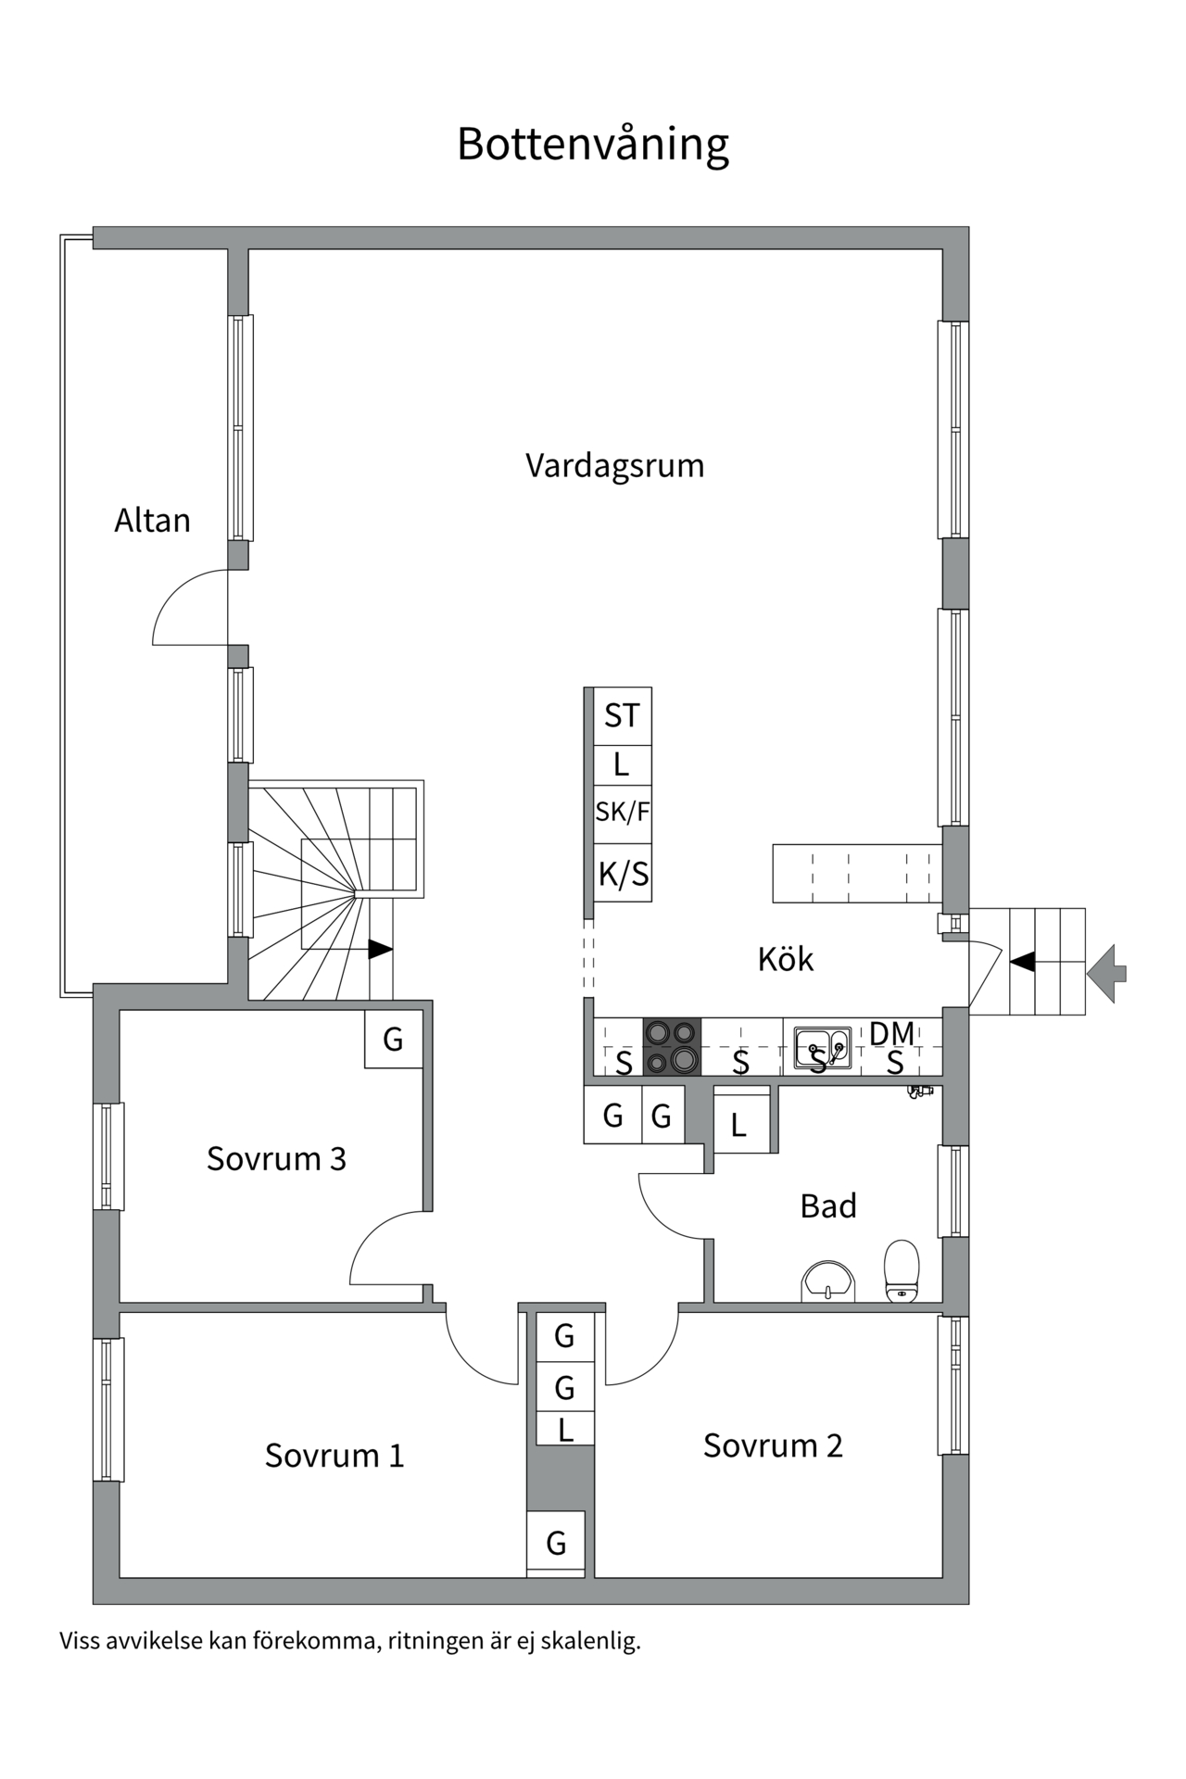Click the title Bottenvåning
[593, 145]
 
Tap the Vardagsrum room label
[614, 465]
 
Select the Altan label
[152, 521]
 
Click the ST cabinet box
[622, 715]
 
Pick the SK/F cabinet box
[622, 813]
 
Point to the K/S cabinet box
[623, 873]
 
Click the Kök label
[785, 959]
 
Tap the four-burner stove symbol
[672, 1046]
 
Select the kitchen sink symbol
[822, 1048]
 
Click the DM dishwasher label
[891, 1033]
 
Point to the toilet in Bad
[902, 1271]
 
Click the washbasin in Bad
[827, 1281]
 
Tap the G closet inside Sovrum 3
[393, 1039]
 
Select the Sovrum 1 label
[334, 1456]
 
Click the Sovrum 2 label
[773, 1445]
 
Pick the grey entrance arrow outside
[1107, 973]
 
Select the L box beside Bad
[739, 1124]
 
